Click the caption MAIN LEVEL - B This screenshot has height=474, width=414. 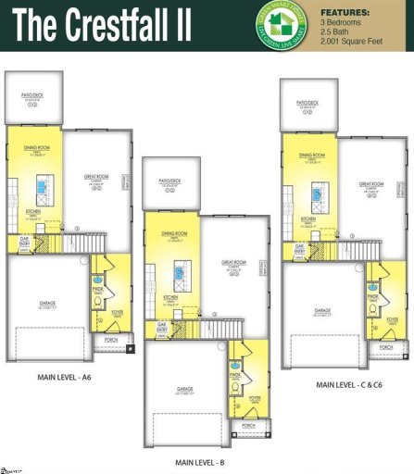(201, 460)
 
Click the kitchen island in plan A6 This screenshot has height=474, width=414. (42, 191)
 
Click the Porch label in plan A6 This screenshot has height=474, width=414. (112, 340)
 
